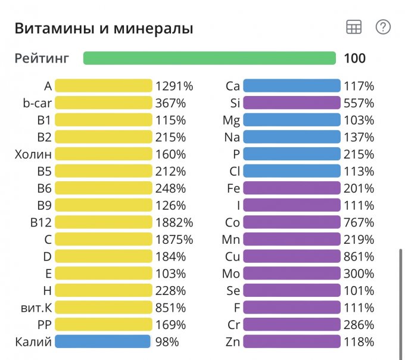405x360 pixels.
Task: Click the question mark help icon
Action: (x=383, y=27)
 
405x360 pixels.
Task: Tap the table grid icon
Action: (x=354, y=27)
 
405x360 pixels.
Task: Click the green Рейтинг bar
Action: (x=210, y=58)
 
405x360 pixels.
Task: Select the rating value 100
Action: (x=354, y=58)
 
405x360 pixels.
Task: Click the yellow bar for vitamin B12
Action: (x=104, y=223)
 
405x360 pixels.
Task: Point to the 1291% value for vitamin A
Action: (x=174, y=86)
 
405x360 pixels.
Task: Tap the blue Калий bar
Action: (x=102, y=342)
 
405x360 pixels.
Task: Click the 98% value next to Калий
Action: (x=167, y=342)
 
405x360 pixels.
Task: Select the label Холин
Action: (x=33, y=154)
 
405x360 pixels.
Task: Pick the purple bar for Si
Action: (x=292, y=103)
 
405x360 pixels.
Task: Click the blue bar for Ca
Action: (x=292, y=86)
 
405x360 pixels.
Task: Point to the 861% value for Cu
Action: (x=359, y=257)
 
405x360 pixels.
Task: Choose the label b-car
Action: (x=37, y=103)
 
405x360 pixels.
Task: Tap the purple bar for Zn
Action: (x=292, y=342)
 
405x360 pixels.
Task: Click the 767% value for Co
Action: (x=359, y=223)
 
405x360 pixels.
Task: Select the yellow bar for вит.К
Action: (x=104, y=308)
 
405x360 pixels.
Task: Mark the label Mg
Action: (x=231, y=120)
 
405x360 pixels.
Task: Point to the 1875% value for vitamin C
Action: (x=174, y=240)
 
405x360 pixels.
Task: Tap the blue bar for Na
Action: (x=292, y=137)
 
